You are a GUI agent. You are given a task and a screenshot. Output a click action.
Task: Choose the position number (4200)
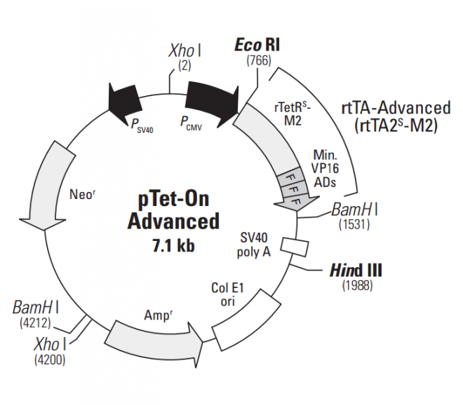coord(48,359)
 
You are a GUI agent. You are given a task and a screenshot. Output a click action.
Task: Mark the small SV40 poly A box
coord(295,246)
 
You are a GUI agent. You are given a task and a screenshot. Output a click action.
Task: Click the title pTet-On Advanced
coord(173,211)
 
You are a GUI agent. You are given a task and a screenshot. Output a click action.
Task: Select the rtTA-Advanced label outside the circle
coord(396,117)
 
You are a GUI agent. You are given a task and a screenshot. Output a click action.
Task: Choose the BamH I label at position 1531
coord(356,210)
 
